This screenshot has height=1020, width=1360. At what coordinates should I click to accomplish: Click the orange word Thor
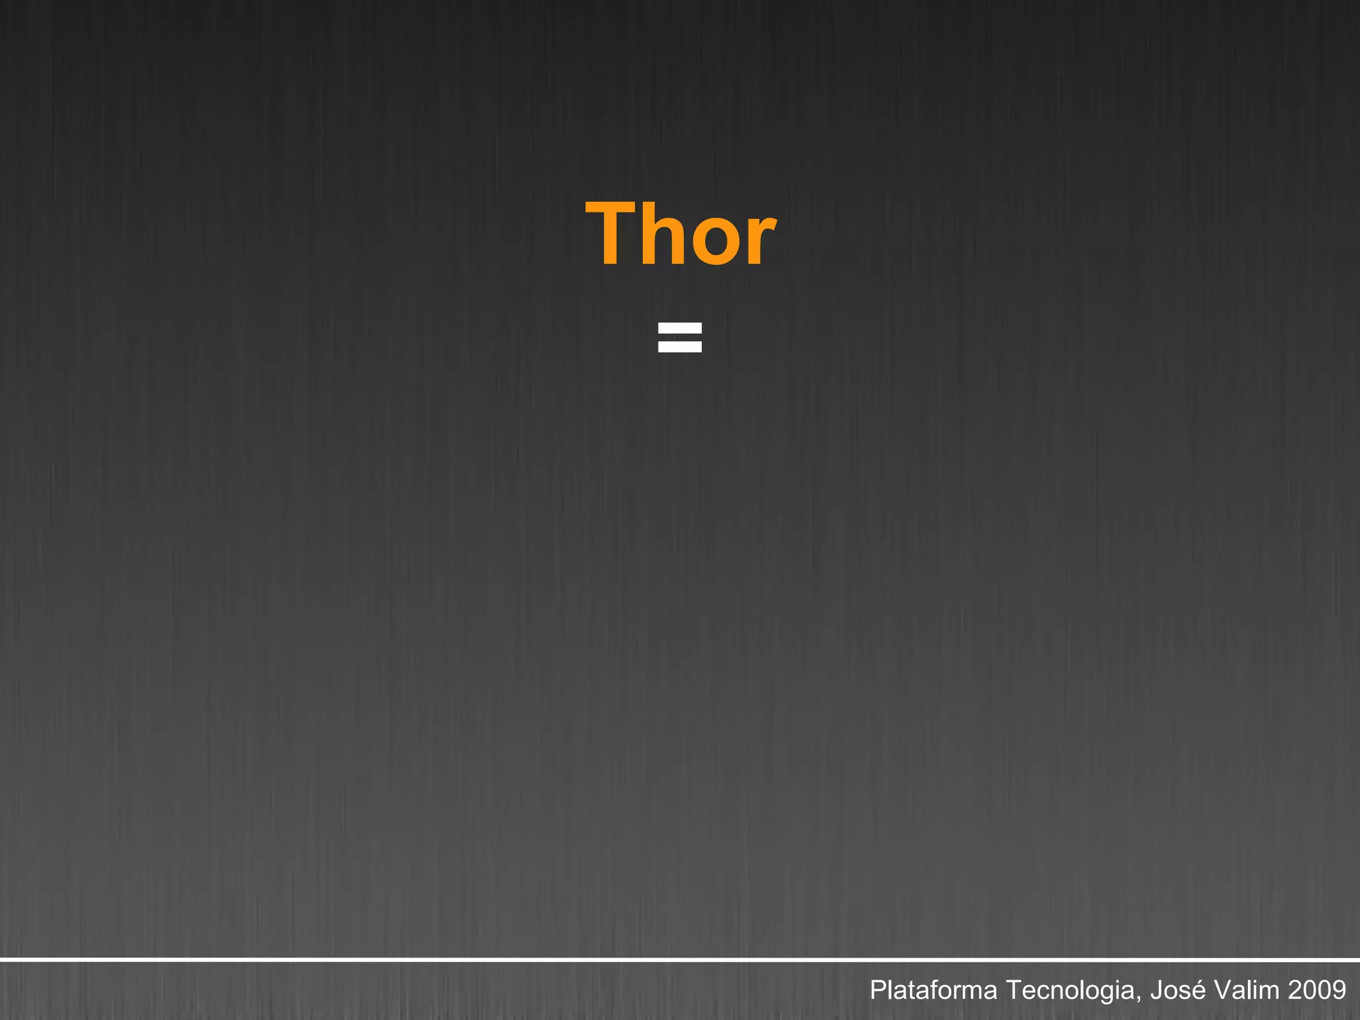click(680, 234)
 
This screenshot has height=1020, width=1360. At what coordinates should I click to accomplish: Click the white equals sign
click(679, 337)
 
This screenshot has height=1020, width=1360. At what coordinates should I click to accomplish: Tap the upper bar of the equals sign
click(679, 327)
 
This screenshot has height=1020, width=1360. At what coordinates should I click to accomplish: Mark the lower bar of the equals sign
click(679, 347)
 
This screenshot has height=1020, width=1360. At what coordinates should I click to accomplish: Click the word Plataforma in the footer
click(933, 990)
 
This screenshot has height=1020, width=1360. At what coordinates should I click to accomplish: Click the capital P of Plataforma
click(877, 990)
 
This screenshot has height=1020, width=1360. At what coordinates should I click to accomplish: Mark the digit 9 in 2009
click(1339, 990)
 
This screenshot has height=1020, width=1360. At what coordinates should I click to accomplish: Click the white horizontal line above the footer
click(680, 960)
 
